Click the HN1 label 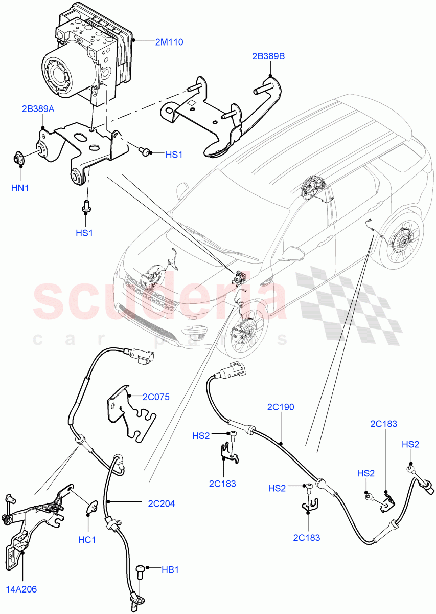click(x=20, y=188)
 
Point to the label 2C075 click(x=156, y=397)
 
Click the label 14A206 click(x=21, y=589)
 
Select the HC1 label click(x=88, y=539)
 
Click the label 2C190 click(x=281, y=407)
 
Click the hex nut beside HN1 click(x=20, y=159)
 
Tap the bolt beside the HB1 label click(x=141, y=570)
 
